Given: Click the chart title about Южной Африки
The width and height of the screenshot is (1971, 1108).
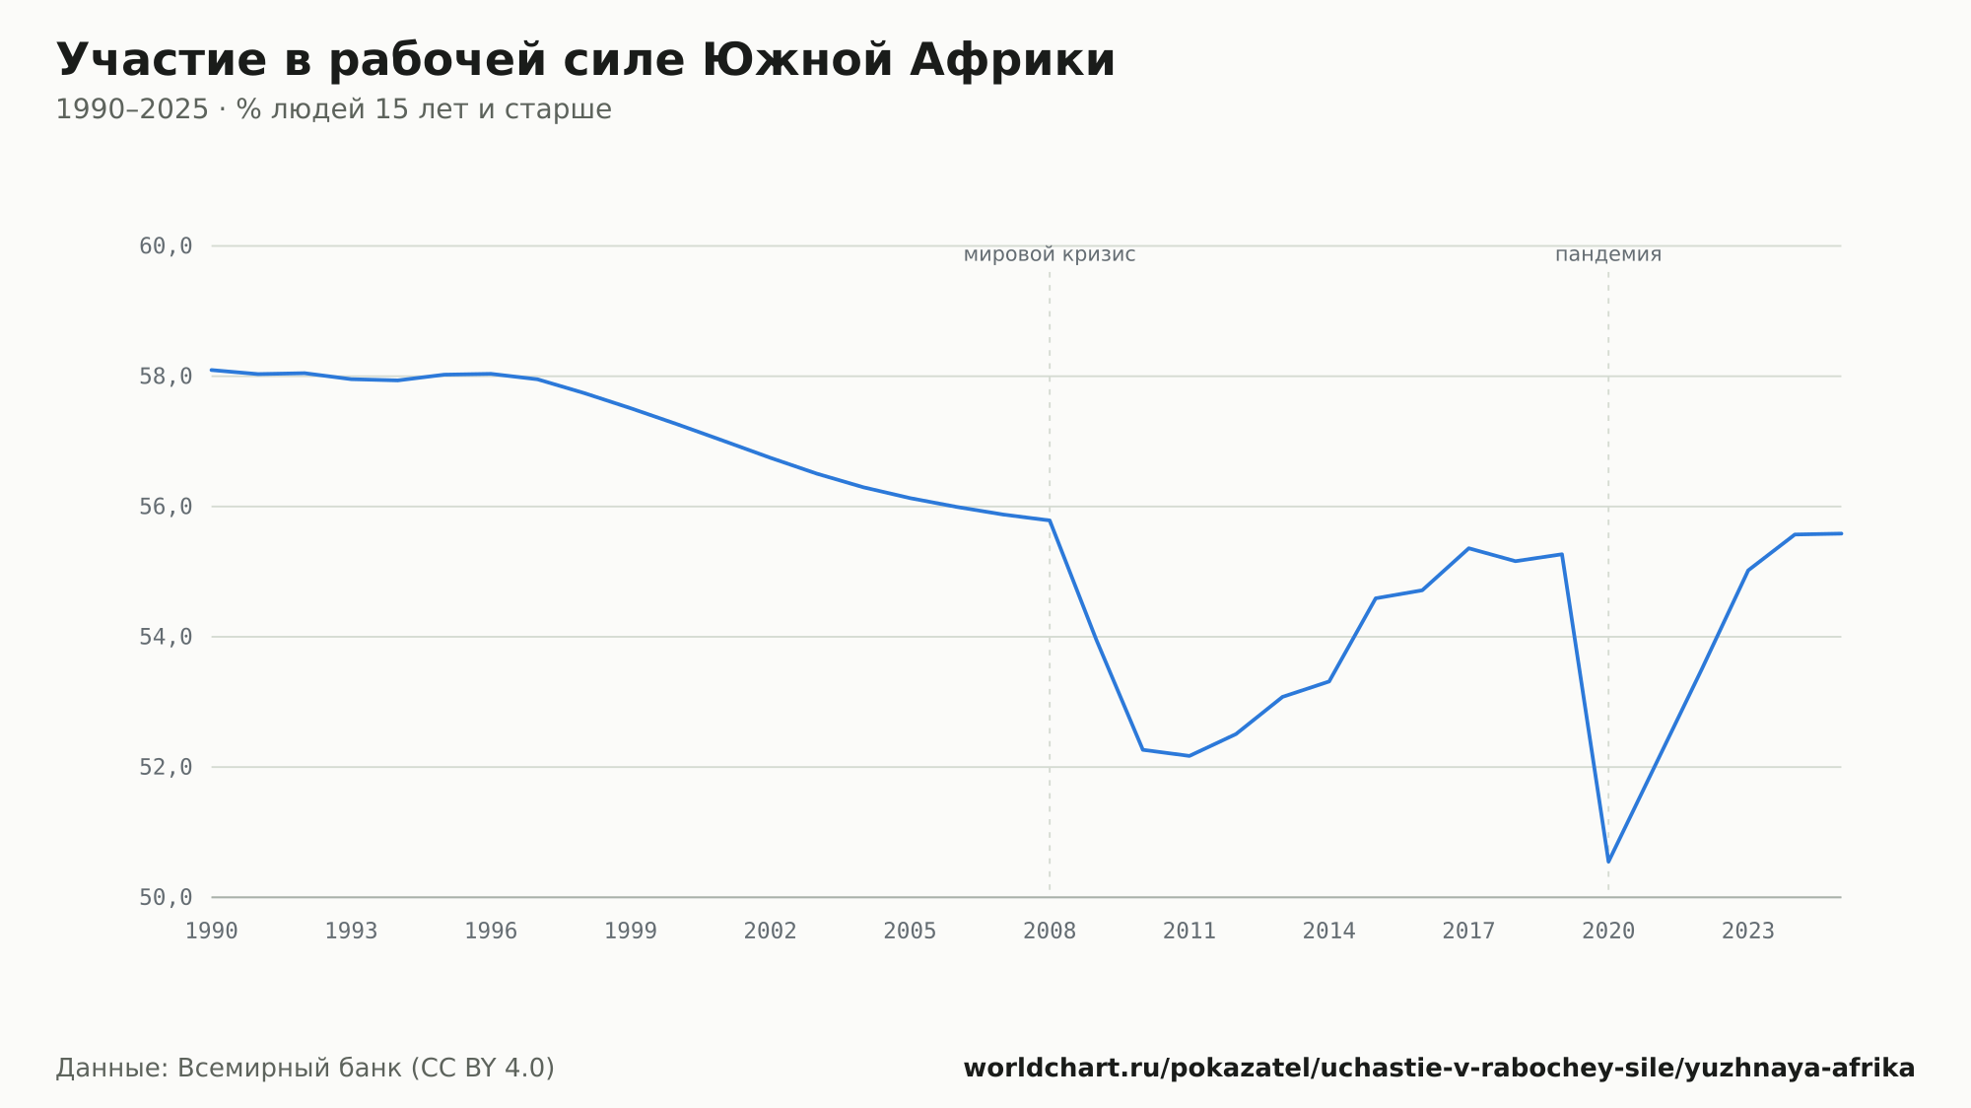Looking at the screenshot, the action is (x=585, y=60).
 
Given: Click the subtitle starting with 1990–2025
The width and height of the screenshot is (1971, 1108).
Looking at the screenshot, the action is (x=333, y=109).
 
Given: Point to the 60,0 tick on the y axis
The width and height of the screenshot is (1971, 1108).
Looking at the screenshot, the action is (x=166, y=245).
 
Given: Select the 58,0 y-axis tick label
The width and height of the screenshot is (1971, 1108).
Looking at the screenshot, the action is (x=166, y=377).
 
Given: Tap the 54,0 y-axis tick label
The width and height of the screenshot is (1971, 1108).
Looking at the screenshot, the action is (x=166, y=637).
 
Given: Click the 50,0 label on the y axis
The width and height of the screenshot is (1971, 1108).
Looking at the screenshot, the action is (x=166, y=897).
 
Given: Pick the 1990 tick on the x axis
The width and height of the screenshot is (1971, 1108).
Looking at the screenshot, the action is (x=212, y=932).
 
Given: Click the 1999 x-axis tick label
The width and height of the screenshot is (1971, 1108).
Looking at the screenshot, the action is (x=631, y=932).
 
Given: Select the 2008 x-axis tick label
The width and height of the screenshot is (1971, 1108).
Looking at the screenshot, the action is (x=1050, y=932).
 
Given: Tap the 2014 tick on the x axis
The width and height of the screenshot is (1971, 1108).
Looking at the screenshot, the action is (x=1329, y=932).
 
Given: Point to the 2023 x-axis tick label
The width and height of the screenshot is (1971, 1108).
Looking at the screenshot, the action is (x=1748, y=932).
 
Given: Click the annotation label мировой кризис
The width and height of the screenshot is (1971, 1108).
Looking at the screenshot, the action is (x=1050, y=254).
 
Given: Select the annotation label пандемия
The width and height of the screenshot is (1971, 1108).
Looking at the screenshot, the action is (x=1608, y=254).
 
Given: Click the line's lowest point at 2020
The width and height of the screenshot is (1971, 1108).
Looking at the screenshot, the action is (x=1608, y=862).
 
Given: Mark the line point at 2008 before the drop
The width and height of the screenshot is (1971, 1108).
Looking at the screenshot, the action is (x=1050, y=520).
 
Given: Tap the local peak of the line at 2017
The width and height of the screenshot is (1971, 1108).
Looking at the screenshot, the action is (x=1468, y=548).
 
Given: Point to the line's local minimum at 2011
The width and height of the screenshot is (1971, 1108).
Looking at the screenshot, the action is (x=1189, y=756).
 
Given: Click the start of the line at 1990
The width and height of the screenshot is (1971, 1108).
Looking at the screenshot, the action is (x=212, y=370).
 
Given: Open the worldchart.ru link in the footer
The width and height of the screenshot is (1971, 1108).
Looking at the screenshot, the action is (x=1439, y=1069).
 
